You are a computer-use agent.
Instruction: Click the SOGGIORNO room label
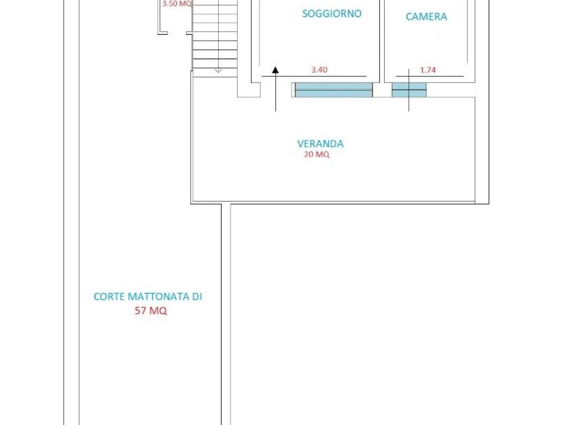coord(332,13)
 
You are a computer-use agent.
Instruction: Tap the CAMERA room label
coord(426,17)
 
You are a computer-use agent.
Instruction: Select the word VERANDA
coord(320,144)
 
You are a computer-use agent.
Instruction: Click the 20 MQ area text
coord(317,154)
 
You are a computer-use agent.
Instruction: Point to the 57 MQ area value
coord(151,310)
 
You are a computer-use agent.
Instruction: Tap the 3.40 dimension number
coord(319,70)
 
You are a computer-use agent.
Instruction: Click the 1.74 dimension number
coord(428,70)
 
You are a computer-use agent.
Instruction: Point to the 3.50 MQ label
coord(177,4)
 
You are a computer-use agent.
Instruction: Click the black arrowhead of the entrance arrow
coord(275,70)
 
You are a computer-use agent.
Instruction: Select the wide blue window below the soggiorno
coord(333,90)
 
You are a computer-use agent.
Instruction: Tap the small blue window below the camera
coord(409,90)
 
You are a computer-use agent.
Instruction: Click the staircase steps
coord(215,36)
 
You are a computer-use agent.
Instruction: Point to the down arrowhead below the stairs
coord(218,70)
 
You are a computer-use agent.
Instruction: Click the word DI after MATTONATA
coord(197,297)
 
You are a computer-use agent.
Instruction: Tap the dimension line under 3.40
coord(314,76)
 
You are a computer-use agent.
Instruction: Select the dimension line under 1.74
coord(429,76)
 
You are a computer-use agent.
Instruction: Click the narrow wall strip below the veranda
coord(226,314)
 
